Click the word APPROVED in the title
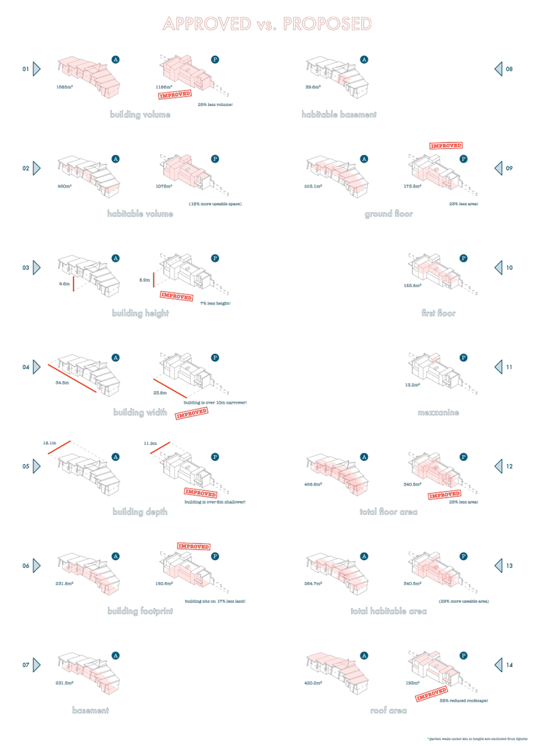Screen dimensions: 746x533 [x=206, y=25]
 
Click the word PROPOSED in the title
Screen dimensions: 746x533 [x=327, y=25]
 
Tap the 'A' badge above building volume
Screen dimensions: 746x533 [x=116, y=59]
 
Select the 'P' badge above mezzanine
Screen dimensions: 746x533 [x=464, y=358]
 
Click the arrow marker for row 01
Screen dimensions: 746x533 [x=36, y=69]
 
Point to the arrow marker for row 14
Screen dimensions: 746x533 [x=498, y=664]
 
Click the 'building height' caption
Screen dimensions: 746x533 [x=141, y=313]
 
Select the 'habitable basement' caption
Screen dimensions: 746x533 [x=339, y=115]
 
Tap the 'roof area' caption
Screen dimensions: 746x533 [x=388, y=711]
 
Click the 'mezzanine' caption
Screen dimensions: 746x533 [x=438, y=413]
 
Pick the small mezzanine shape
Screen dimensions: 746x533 [x=434, y=360]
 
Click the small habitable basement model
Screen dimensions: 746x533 [x=342, y=79]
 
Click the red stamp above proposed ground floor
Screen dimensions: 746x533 [x=446, y=145]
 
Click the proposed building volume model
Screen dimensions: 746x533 [x=187, y=72]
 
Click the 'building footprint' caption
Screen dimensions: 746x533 [x=140, y=611]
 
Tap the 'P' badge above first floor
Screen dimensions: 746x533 [x=464, y=258]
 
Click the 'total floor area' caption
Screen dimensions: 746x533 [x=388, y=512]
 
